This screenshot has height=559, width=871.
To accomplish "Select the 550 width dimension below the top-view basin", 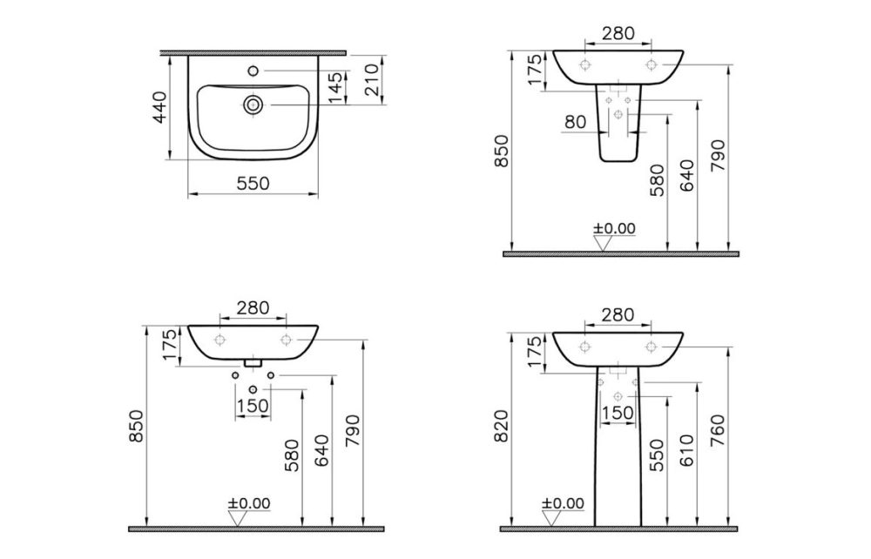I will tap(254, 183).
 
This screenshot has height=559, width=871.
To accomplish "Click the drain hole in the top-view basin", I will tap(253, 104).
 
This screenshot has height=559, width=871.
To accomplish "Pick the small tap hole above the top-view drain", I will tap(253, 70).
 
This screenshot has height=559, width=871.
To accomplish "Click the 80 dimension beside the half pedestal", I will tap(575, 122).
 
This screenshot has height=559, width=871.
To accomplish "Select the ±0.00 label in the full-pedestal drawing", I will tap(564, 503).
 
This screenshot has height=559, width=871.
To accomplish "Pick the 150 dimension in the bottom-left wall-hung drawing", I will tap(252, 405).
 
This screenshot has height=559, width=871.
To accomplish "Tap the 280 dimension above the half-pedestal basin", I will tap(616, 34).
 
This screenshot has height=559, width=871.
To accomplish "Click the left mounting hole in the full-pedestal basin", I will tap(584, 347).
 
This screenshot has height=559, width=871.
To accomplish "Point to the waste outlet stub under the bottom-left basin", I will tap(253, 361).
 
